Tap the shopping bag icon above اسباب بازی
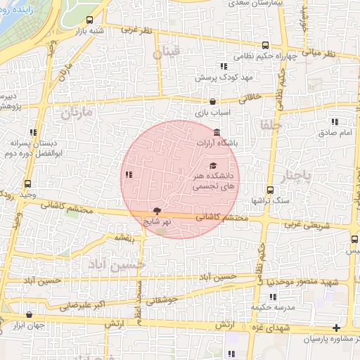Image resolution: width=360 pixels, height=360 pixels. coord(213,102)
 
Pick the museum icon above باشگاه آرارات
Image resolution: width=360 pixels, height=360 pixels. coord(216,133)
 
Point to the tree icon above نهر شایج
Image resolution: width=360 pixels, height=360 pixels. coord(157,210)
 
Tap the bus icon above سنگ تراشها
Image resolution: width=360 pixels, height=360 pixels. coord(270,189)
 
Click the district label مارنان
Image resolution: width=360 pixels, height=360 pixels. coord(77,112)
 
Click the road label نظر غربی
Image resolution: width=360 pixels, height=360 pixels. coord(136,30)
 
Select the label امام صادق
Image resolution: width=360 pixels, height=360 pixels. coord(334,132)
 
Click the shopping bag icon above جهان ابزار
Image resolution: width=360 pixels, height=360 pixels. coord(29,315)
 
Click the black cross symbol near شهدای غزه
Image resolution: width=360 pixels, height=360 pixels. coord(337,328)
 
